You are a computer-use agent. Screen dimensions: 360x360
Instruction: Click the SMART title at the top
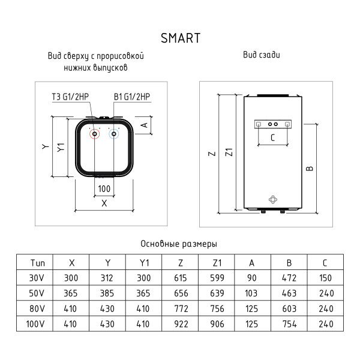(180, 38)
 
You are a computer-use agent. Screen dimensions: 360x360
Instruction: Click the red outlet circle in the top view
(94, 135)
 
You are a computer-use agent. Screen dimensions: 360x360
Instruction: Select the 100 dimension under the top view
(104, 189)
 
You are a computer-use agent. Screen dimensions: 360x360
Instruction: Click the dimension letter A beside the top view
(144, 125)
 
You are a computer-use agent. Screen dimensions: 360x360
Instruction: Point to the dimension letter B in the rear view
(310, 169)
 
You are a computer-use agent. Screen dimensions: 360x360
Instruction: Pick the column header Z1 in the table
(217, 263)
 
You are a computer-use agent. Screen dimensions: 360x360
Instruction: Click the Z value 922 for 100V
(181, 324)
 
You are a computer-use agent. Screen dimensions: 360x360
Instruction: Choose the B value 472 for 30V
(289, 278)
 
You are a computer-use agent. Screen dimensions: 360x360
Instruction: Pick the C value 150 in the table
(325, 278)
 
